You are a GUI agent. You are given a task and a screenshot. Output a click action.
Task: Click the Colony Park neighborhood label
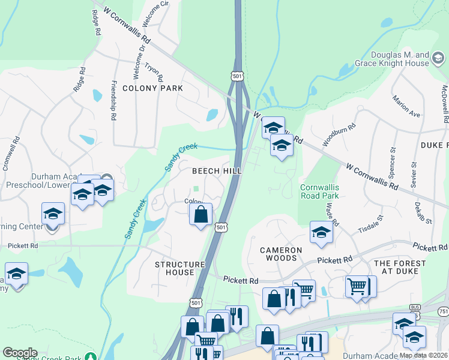coord(152,88)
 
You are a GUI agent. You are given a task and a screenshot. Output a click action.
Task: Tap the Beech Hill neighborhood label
coord(217,171)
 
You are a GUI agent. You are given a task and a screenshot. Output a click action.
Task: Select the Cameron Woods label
coord(279,254)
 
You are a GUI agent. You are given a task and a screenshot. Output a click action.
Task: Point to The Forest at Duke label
coord(400,268)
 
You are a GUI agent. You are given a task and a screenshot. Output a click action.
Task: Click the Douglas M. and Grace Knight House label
coord(399,59)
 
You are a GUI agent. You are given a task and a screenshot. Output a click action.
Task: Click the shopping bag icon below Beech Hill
coord(201,214)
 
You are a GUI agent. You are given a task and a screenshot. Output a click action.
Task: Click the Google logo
coord(20,353)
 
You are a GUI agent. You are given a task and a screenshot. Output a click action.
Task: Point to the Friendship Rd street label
coord(113,100)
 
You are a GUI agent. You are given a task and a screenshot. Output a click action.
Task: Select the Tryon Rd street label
coord(154,72)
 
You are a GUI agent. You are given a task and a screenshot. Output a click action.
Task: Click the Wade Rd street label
coord(330,214)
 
